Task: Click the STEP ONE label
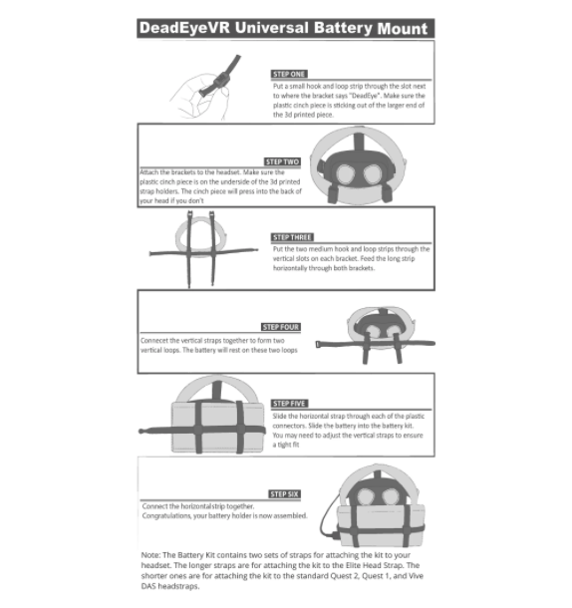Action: pyautogui.click(x=289, y=74)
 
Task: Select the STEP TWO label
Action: pyautogui.click(x=282, y=160)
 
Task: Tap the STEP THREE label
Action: pyautogui.click(x=291, y=237)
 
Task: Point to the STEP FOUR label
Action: pyautogui.click(x=281, y=326)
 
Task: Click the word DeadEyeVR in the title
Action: pyautogui.click(x=182, y=27)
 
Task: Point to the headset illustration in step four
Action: pyautogui.click(x=377, y=332)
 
